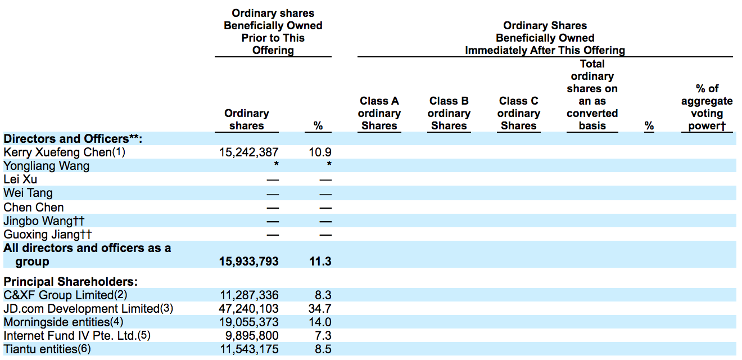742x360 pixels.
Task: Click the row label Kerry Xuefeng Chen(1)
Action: pyautogui.click(x=65, y=152)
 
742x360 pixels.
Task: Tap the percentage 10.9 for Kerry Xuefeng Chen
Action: pyautogui.click(x=320, y=152)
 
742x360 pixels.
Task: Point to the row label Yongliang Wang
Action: pyautogui.click(x=47, y=166)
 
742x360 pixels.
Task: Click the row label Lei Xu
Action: pyautogui.click(x=20, y=179)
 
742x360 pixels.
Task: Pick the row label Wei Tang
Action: pyautogui.click(x=28, y=193)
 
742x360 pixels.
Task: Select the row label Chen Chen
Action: pyautogui.click(x=34, y=207)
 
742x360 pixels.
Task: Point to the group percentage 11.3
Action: pyautogui.click(x=320, y=262)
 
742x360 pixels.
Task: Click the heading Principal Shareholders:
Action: pyautogui.click(x=71, y=282)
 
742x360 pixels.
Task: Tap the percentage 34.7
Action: pyautogui.click(x=320, y=309)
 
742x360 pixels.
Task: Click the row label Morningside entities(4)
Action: pyautogui.click(x=63, y=322)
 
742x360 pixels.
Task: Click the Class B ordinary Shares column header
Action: pyautogui.click(x=449, y=113)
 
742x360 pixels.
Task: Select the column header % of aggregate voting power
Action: pyautogui.click(x=707, y=107)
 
